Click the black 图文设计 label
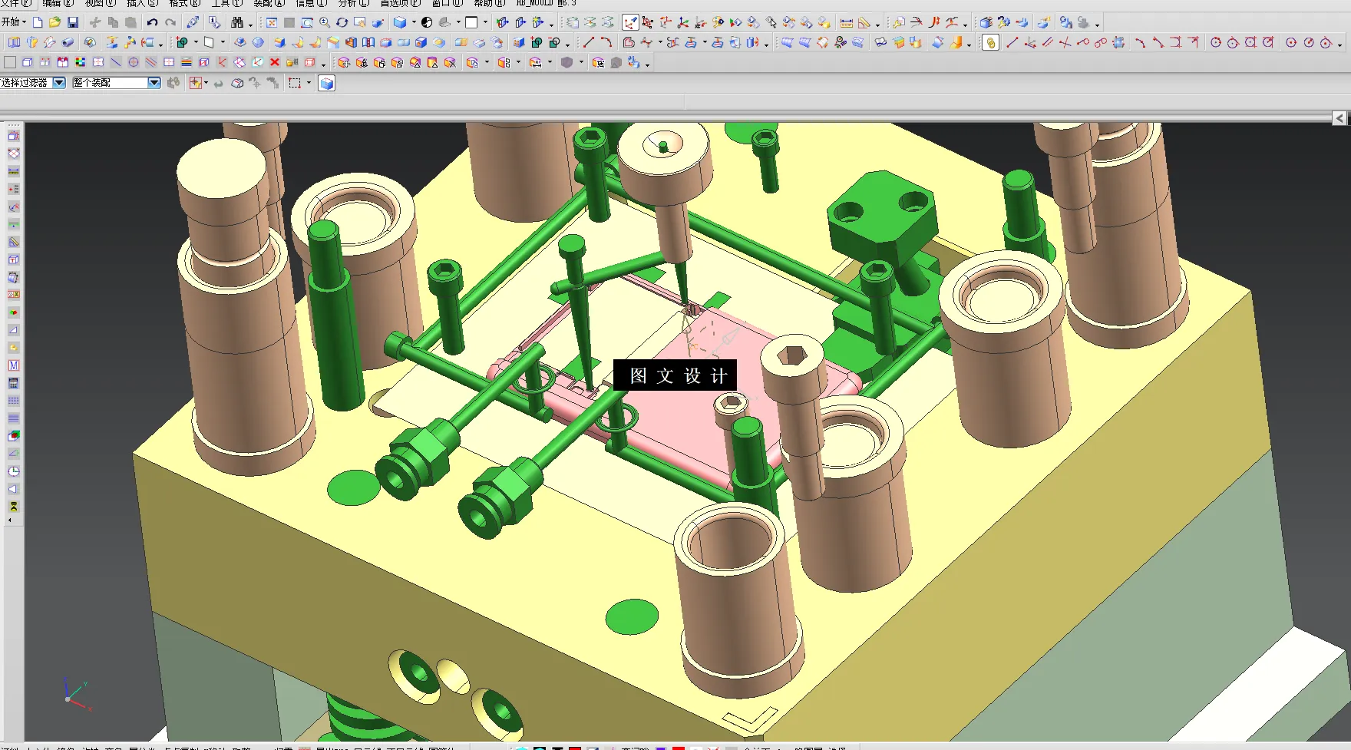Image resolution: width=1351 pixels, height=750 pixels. [675, 375]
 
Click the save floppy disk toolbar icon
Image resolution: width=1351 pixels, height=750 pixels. [73, 22]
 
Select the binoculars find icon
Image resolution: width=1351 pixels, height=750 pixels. [237, 22]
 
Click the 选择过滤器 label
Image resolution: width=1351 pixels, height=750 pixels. [25, 82]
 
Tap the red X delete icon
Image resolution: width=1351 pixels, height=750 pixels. [274, 62]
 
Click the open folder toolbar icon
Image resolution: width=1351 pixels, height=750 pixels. [55, 22]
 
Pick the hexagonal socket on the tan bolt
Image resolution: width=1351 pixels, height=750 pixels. [792, 355]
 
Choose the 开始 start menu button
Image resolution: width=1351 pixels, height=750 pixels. [13, 22]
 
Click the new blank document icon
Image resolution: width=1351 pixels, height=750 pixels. [37, 22]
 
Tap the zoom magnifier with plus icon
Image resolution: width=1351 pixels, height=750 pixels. [325, 22]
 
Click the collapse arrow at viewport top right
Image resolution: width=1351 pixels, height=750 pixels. [1339, 117]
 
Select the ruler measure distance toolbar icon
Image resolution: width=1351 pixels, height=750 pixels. [846, 22]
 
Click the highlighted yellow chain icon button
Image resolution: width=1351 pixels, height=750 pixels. [990, 43]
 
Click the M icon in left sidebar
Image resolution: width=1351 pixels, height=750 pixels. [13, 365]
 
